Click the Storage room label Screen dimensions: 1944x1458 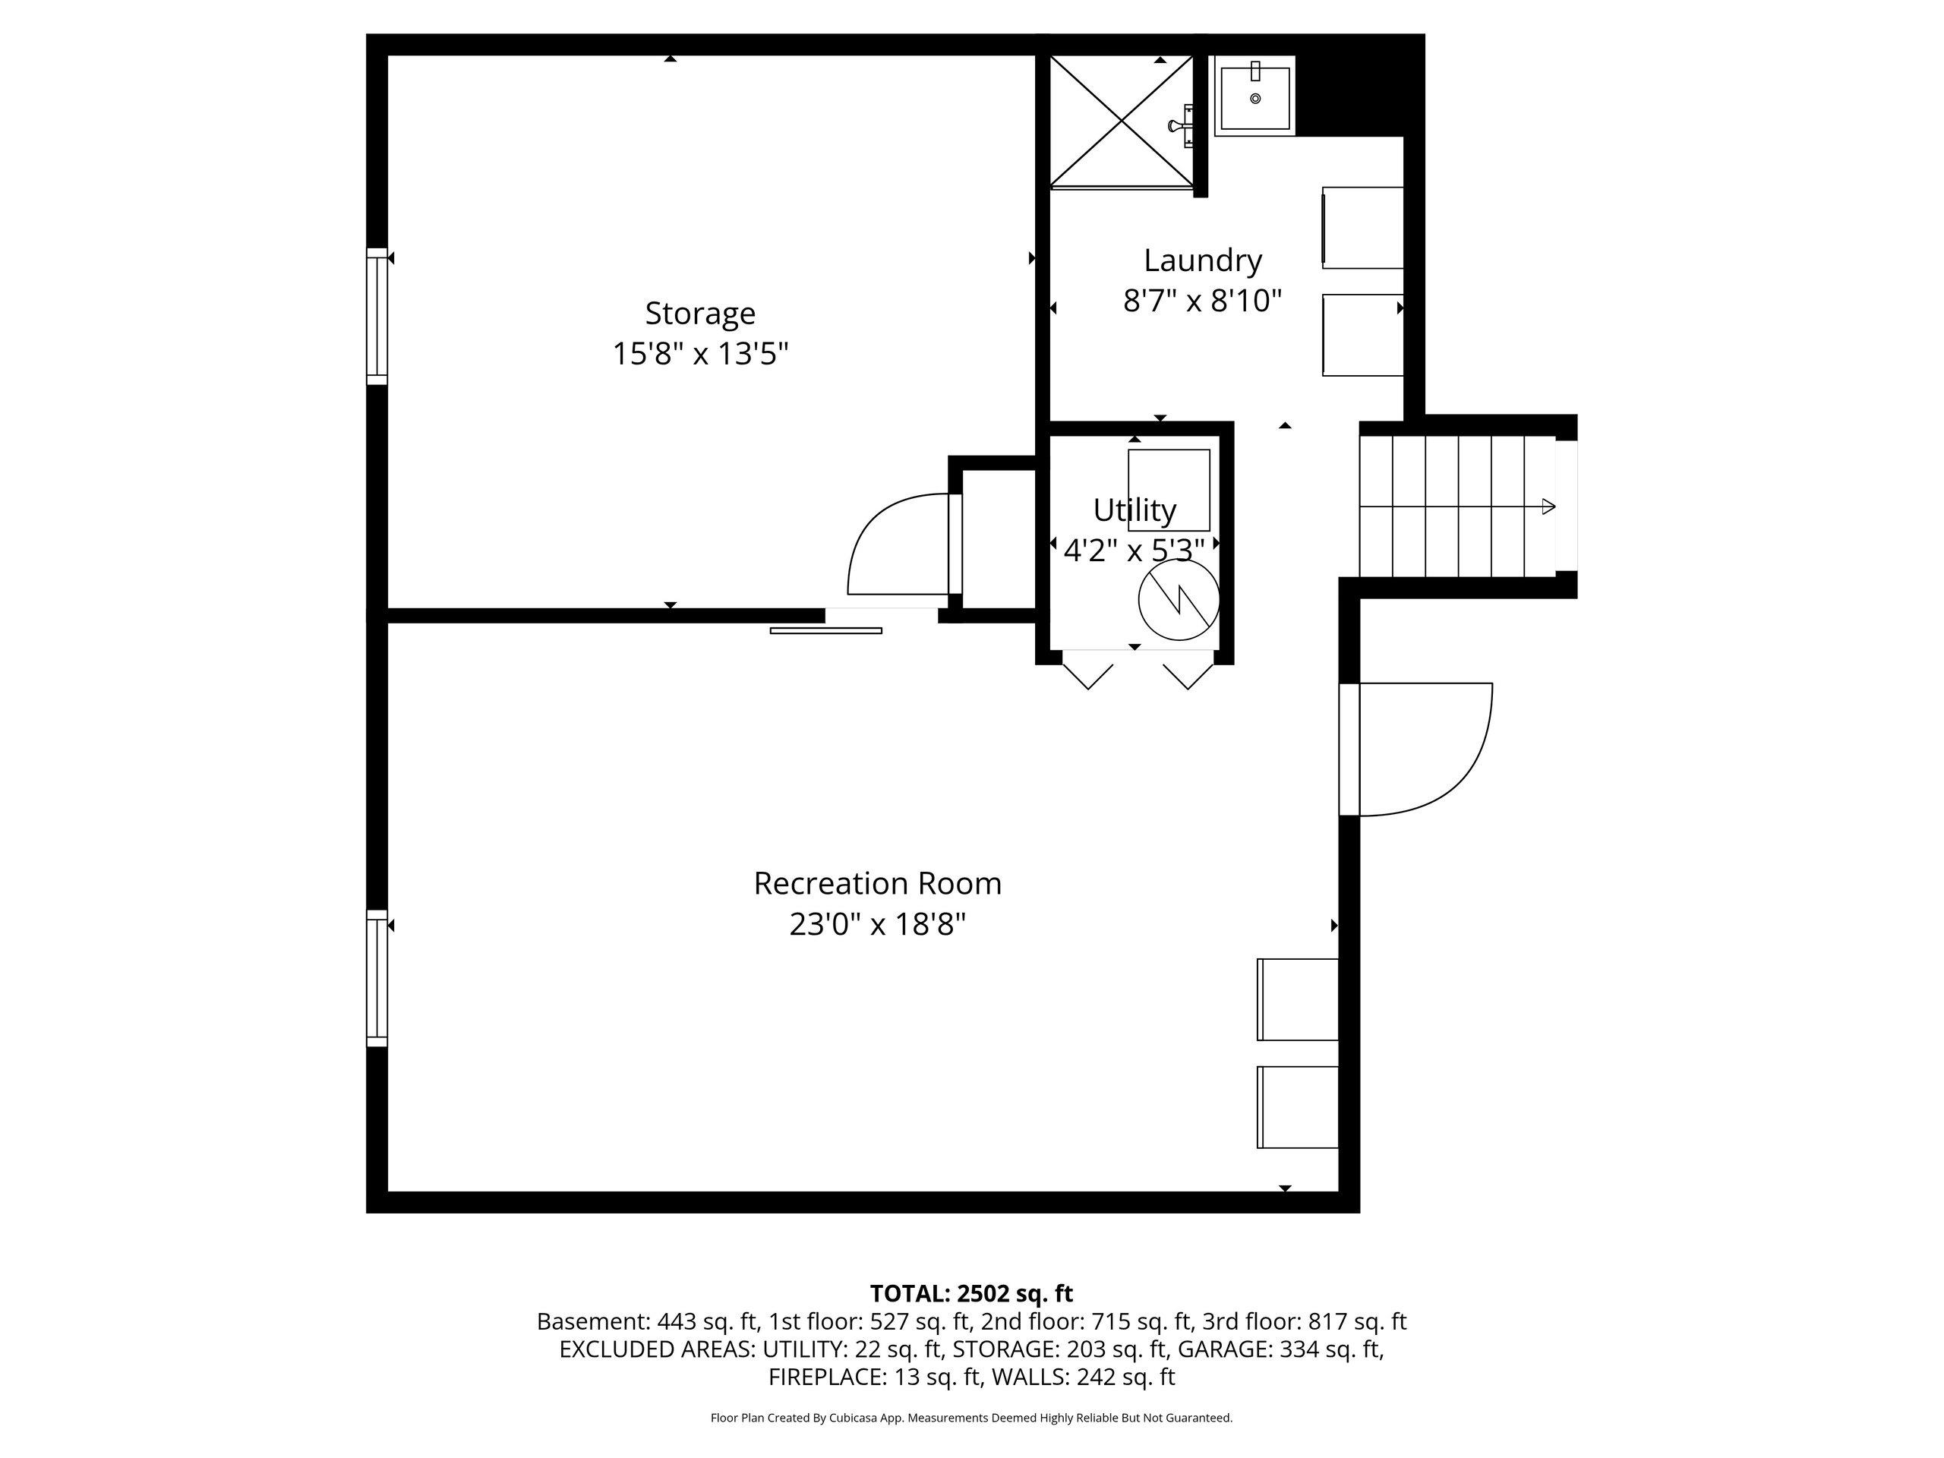coord(699,314)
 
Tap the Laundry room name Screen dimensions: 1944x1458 coord(1202,261)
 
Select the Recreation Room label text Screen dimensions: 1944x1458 coord(877,883)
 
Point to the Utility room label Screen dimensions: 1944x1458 coord(1134,510)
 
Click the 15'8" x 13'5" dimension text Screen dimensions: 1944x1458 coord(699,354)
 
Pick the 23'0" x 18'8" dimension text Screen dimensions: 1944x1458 coord(877,925)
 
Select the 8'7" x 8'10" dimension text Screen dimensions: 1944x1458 coord(1202,301)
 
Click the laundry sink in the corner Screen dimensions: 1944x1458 coord(1255,96)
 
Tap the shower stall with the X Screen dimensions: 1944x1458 coord(1122,122)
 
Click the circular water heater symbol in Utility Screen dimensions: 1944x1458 coord(1179,599)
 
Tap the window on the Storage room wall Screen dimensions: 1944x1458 coord(377,317)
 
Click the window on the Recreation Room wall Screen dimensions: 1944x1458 coord(377,978)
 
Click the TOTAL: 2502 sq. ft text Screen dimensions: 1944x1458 coord(971,1294)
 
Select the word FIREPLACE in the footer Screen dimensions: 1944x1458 coord(826,1378)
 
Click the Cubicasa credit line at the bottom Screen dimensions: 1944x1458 coord(971,1418)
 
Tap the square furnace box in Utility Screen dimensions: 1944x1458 coord(1169,491)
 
